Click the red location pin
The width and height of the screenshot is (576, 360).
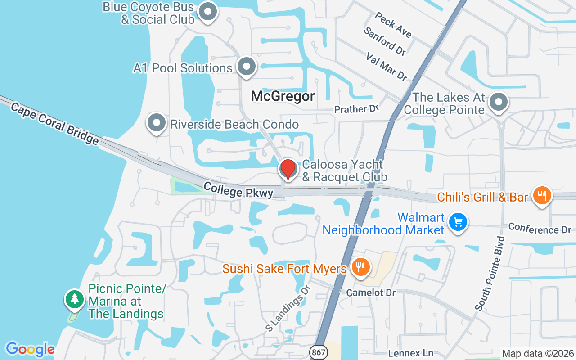coord(288,169)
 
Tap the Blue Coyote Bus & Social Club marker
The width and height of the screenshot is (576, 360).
coord(207,12)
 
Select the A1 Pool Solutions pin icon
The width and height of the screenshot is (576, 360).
coord(246,67)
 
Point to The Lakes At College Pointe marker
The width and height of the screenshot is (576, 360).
coord(498,102)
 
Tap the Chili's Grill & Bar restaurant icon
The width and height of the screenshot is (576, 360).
coord(542,196)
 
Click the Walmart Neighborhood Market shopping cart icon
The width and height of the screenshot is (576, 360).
coord(458,222)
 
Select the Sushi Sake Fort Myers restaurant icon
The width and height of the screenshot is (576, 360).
coord(360,267)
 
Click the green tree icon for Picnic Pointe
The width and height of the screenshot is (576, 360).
coord(74,299)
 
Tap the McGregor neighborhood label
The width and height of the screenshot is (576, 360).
coord(283,96)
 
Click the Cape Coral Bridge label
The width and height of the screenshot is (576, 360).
coord(54,123)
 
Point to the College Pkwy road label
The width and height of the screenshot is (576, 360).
coord(238,189)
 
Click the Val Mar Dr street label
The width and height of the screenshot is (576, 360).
coord(387,67)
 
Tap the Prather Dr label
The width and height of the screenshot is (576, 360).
coord(356,109)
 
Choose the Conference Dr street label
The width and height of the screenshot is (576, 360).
coord(540,228)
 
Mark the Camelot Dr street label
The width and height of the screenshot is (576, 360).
coord(371,292)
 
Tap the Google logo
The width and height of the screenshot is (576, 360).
coord(30,349)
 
